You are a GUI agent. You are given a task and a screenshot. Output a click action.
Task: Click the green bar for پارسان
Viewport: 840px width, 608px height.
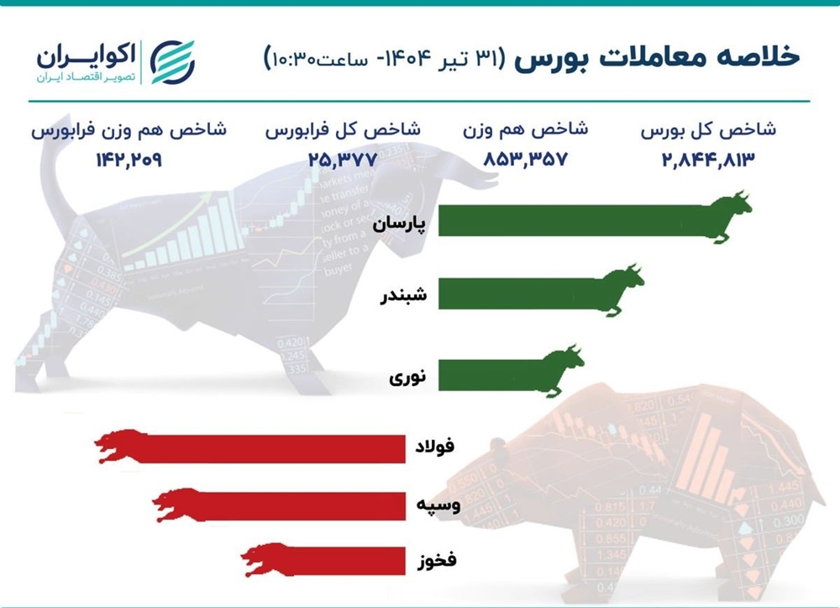point(571,219)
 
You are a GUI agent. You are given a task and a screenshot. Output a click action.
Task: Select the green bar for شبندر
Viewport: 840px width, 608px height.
point(517,292)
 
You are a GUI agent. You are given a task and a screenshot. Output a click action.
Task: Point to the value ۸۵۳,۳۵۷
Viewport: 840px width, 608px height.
point(526,159)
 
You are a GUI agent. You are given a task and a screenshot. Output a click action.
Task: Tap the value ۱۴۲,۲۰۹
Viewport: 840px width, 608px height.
point(129,159)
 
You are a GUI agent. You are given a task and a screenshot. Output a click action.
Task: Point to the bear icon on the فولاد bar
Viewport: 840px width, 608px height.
point(120,446)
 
